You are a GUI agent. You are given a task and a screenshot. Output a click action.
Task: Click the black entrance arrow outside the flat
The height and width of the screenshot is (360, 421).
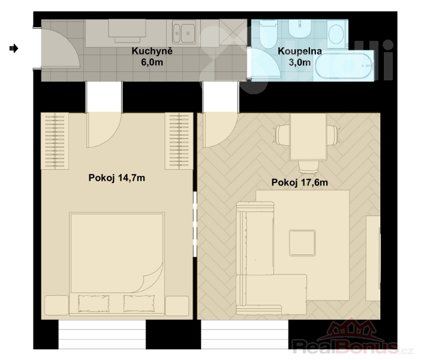coord(14,49)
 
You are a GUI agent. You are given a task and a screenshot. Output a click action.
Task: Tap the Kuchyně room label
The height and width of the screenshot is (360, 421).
coord(152,51)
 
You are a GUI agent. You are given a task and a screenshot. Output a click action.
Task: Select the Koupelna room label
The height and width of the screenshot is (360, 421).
coord(300,51)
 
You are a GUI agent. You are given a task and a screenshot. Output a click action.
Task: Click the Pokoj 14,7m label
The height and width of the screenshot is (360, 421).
coord(117,178)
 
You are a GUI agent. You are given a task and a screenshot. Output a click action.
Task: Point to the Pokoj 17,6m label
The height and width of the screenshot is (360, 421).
coord(300,182)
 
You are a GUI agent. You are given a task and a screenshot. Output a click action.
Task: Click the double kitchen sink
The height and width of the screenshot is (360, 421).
coord(184,34)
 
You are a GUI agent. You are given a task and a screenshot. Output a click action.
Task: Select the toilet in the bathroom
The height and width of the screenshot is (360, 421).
coord(268,34)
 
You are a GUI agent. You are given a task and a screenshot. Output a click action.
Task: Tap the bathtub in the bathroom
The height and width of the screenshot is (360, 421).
coord(344,66)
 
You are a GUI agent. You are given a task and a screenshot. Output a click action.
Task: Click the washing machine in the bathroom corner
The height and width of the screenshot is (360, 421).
coord(336,34)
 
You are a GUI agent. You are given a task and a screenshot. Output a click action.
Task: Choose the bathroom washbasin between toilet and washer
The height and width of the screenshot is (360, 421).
coord(300,29)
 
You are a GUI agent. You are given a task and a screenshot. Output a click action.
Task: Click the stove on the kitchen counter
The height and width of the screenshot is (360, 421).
coord(127,31)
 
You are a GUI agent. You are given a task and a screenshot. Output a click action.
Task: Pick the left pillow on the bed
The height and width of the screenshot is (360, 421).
coord(94,304)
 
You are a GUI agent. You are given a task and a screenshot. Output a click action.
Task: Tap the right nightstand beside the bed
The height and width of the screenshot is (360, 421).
coord(177,305)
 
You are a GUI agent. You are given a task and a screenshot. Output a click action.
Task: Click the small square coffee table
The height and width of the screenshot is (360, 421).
coord(302,243)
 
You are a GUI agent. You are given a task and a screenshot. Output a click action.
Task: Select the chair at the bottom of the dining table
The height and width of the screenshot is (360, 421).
coord(308,167)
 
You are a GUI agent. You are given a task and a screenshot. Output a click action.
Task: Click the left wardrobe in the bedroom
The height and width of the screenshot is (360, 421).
coord(55,141)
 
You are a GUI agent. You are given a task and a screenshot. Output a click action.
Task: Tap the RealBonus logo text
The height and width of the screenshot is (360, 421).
coord(345,347)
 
